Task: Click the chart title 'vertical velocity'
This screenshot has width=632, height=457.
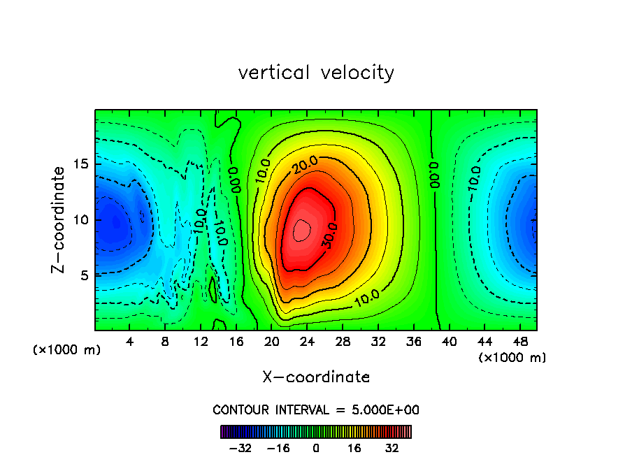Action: pyautogui.click(x=316, y=73)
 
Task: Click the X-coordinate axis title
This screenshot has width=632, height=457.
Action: pyautogui.click(x=316, y=377)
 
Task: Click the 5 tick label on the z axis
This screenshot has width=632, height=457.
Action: pyautogui.click(x=82, y=275)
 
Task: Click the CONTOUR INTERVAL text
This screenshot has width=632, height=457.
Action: pyautogui.click(x=316, y=409)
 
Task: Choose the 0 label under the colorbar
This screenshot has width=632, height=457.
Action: pyautogui.click(x=316, y=448)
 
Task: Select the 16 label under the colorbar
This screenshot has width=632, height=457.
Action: pyautogui.click(x=354, y=448)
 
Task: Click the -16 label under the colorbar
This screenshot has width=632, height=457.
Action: pyautogui.click(x=279, y=448)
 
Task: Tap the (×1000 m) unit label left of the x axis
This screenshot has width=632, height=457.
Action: pyautogui.click(x=67, y=349)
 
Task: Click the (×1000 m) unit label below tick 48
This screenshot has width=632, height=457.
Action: pyautogui.click(x=512, y=358)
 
